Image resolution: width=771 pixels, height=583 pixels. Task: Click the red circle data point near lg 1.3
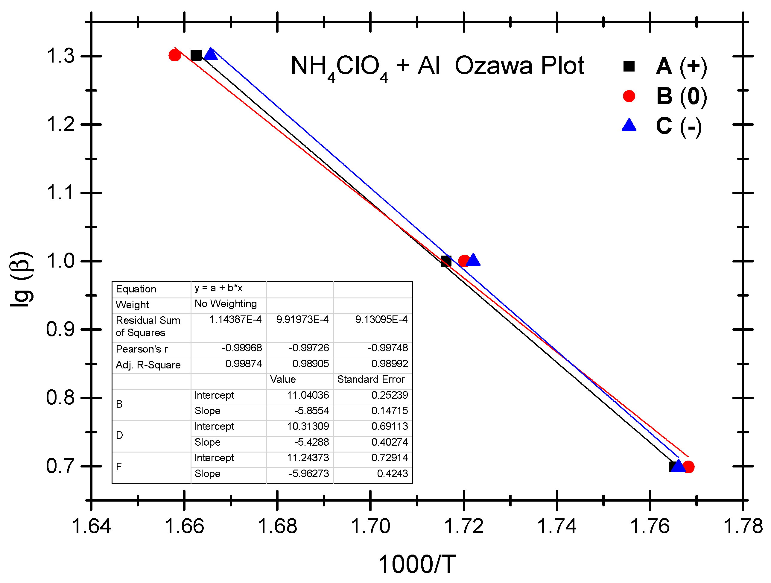[175, 55]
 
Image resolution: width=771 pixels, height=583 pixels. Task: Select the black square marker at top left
[196, 55]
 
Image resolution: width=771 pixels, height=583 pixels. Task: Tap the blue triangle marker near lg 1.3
[211, 54]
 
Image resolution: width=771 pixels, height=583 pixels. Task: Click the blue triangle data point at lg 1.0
[473, 260]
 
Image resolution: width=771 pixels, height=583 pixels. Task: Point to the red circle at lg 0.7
[688, 467]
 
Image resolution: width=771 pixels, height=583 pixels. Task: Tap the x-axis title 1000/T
[416, 564]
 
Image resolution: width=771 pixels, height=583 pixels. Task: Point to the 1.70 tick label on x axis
[370, 526]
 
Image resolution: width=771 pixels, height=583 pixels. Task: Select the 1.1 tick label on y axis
[60, 193]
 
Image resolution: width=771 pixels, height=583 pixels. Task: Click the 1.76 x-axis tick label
[650, 526]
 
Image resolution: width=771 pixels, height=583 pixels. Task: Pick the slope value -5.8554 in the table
[311, 411]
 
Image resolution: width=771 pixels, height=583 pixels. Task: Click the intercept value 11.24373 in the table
[308, 458]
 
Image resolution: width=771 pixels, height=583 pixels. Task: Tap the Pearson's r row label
[142, 349]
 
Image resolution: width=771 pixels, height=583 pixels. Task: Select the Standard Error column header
[371, 379]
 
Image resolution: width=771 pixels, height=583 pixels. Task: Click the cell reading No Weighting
[226, 304]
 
